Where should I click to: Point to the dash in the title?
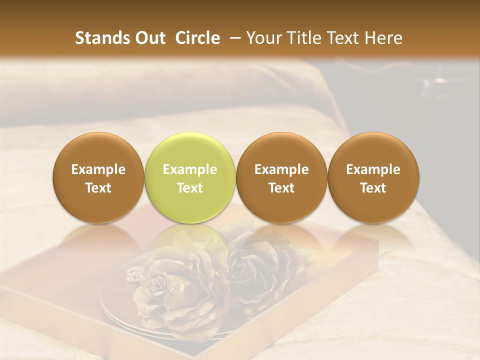pyautogui.click(x=236, y=38)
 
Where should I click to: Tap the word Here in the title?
pyautogui.click(x=383, y=38)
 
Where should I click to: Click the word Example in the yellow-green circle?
pyautogui.click(x=190, y=169)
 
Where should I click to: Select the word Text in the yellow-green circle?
pyautogui.click(x=190, y=188)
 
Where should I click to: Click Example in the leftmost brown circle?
pyautogui.click(x=98, y=169)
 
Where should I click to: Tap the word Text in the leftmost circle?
pyautogui.click(x=98, y=188)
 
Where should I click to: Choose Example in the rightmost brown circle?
pyautogui.click(x=373, y=169)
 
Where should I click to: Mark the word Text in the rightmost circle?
pyautogui.click(x=373, y=188)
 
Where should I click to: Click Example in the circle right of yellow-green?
pyautogui.click(x=281, y=169)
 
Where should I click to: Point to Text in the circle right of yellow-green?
pyautogui.click(x=281, y=188)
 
